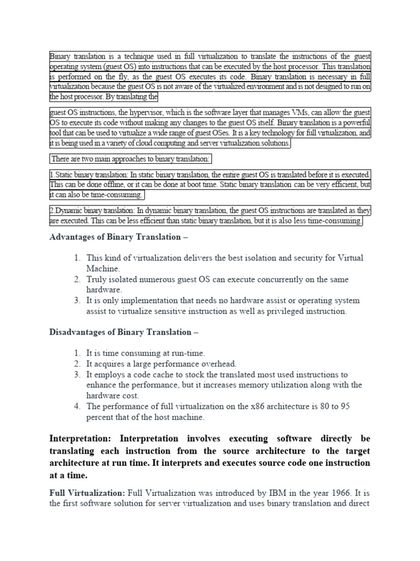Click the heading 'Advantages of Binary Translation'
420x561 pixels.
pos(115,237)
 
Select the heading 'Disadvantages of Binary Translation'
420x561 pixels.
pos(120,332)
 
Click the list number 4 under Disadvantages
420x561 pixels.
pos(77,407)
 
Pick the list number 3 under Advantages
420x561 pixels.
pos(77,301)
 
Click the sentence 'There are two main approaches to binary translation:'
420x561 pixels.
pos(130,159)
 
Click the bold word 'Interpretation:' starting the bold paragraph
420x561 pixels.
pos(82,439)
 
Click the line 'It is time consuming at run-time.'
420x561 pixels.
pos(145,353)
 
